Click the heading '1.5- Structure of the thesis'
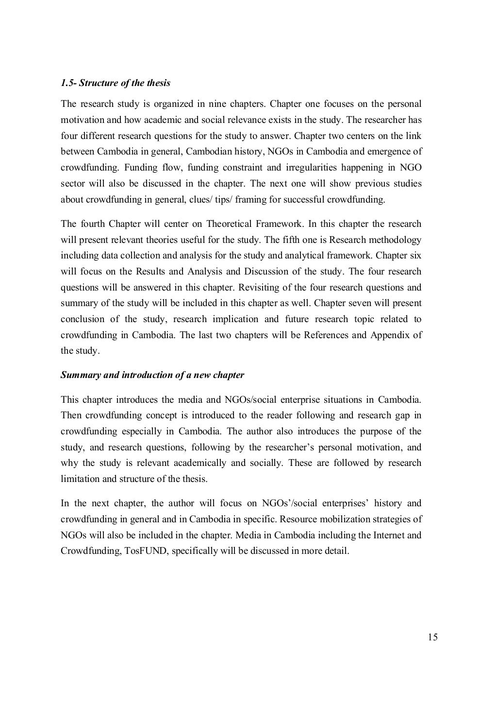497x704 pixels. [x=115, y=83]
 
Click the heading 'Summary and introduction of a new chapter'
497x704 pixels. [x=152, y=375]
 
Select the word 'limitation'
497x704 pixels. [x=80, y=479]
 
